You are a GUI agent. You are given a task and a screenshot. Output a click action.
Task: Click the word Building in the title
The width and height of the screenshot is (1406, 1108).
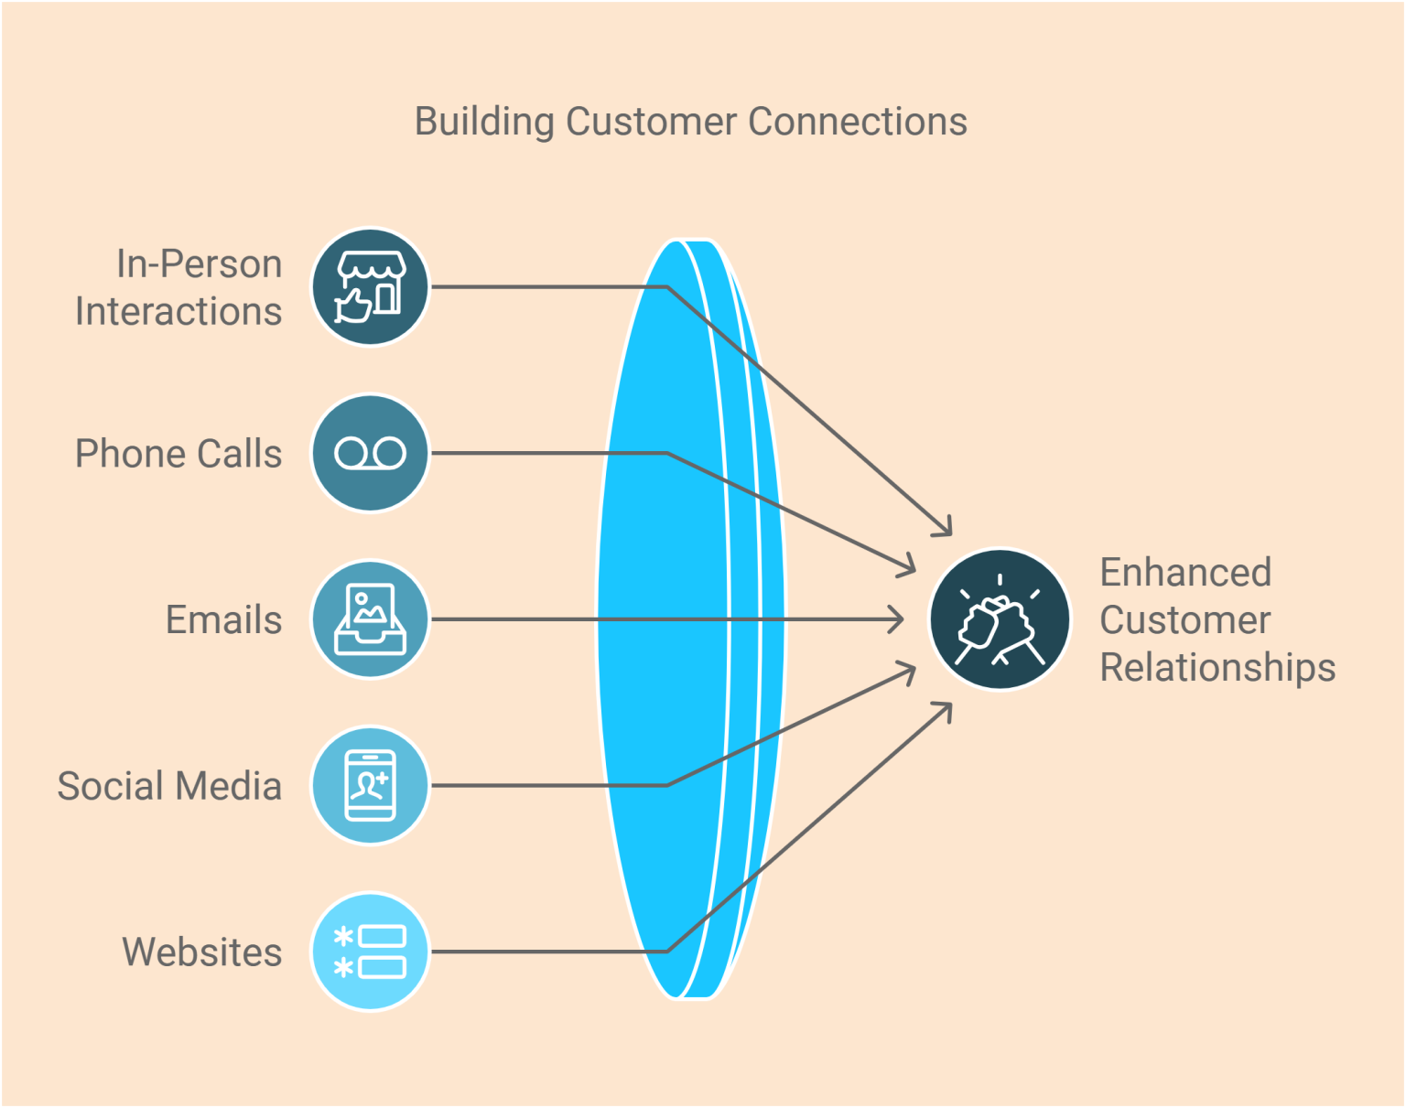point(484,122)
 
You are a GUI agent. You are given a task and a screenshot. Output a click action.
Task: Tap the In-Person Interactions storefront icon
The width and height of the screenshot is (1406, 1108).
point(370,287)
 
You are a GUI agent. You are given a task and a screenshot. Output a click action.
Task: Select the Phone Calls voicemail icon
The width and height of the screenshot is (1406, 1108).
point(370,453)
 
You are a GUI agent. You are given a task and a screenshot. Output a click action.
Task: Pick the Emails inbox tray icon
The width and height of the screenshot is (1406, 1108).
point(370,619)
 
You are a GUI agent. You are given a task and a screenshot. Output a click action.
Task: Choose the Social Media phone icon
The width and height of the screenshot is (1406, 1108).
point(370,785)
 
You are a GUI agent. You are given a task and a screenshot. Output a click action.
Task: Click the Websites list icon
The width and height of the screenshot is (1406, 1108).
point(370,952)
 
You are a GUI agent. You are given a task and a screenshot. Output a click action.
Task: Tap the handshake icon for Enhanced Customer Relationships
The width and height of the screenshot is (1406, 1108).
point(1000,619)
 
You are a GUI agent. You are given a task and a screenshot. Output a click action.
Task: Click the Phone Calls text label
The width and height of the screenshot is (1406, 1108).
point(178,454)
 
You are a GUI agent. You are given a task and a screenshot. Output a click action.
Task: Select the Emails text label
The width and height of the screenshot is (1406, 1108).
point(223,620)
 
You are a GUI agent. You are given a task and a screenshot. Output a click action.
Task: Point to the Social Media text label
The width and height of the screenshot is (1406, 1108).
point(169,786)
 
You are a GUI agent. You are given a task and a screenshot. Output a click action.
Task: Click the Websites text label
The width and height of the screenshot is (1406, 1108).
point(202,952)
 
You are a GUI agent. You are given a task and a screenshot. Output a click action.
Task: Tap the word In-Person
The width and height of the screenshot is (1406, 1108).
point(199,264)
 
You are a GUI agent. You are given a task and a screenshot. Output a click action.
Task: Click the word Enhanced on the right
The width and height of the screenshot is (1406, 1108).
point(1185,573)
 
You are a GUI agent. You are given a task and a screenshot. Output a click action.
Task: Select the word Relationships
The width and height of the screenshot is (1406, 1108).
point(1217,668)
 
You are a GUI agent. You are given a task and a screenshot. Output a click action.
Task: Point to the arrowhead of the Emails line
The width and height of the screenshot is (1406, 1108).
point(898,619)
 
